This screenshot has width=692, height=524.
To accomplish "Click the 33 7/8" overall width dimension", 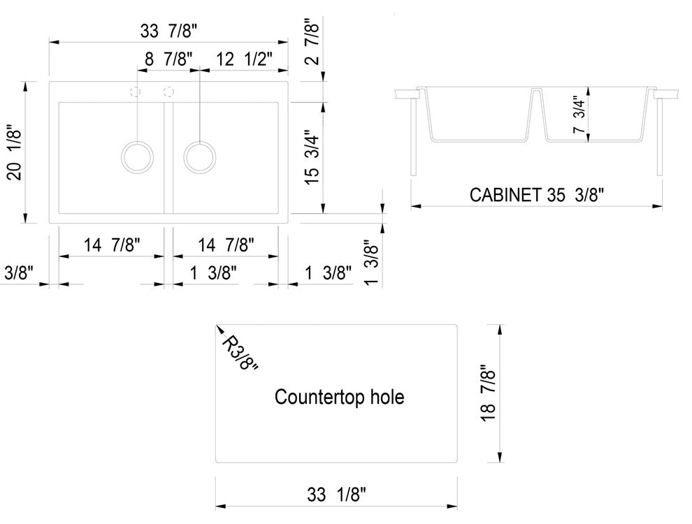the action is [x=168, y=31].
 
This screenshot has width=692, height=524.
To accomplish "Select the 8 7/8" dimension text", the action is [x=168, y=59].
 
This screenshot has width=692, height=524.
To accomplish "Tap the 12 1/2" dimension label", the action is [x=244, y=59].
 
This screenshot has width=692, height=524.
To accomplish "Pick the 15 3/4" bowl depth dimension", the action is [x=312, y=157].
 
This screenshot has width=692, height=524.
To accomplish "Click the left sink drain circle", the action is [x=137, y=157].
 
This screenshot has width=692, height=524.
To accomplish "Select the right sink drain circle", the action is [x=200, y=157].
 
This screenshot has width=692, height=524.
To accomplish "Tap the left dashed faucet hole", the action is [x=136, y=92].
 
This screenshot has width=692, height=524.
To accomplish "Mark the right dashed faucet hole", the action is [x=168, y=92].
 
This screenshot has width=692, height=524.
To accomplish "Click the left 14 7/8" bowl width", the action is [x=112, y=245].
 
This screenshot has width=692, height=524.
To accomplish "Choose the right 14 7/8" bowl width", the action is [x=226, y=245].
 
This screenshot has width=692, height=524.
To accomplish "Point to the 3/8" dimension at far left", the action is [x=19, y=272].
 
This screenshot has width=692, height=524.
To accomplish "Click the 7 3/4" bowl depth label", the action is [x=579, y=115].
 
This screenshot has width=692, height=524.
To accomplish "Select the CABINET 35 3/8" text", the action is [x=536, y=194].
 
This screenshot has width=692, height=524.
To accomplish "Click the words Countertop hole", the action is [x=340, y=397].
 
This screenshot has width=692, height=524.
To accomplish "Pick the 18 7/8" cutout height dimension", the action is [x=488, y=393].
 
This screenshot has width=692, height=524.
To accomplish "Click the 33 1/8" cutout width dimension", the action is [x=337, y=495].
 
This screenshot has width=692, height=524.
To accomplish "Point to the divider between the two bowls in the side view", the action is [x=535, y=114].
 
